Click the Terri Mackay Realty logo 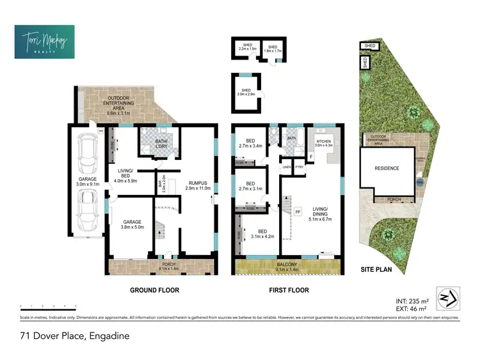point(44,42)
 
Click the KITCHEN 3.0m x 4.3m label point(323,143)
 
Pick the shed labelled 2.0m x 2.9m point(246,93)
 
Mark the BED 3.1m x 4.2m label point(262,233)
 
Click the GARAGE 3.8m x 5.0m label point(133,224)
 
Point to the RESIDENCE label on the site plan point(387,169)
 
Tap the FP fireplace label point(298,211)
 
